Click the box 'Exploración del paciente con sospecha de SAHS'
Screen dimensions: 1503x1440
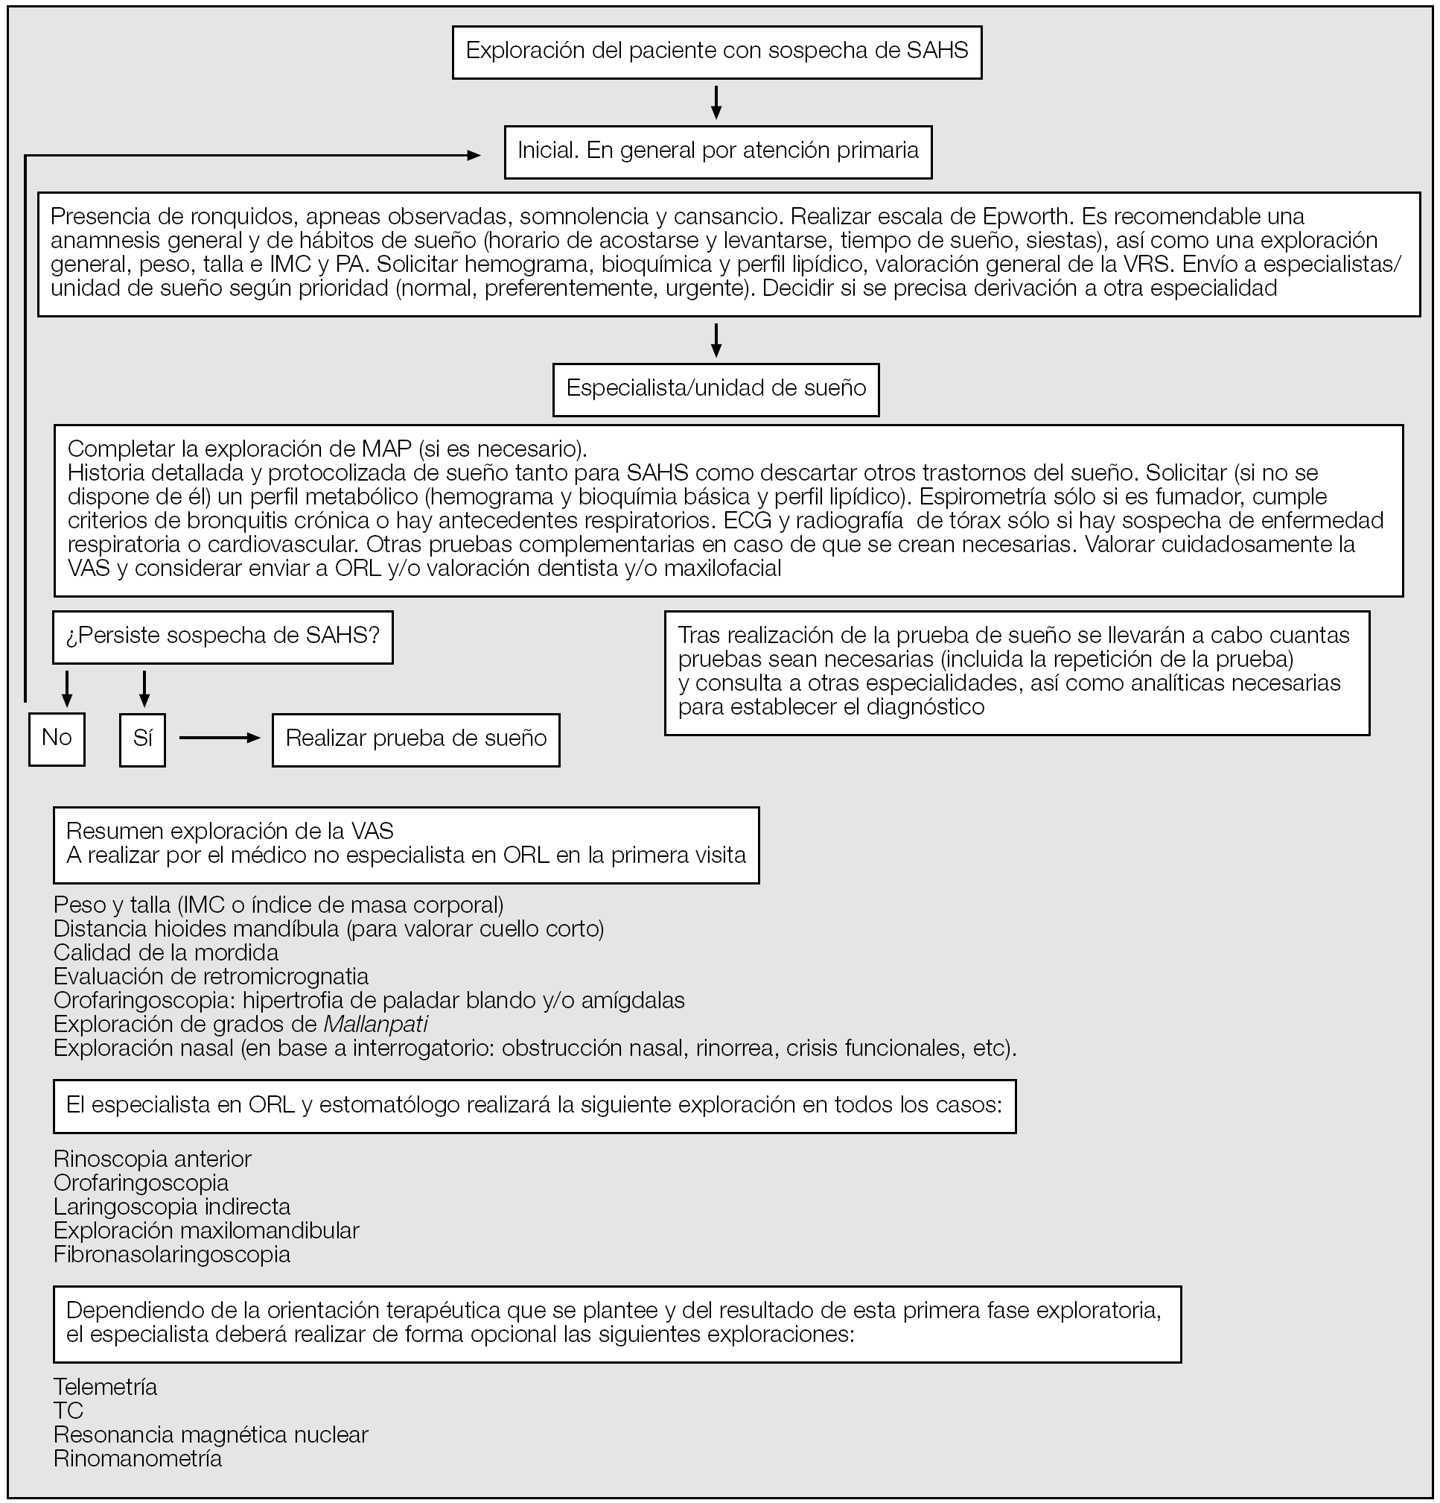pyautogui.click(x=716, y=52)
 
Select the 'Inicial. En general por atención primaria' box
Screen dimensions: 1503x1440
pyautogui.click(x=718, y=151)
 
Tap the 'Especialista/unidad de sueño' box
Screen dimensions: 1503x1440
pyautogui.click(x=716, y=389)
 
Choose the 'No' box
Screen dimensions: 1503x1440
pyautogui.click(x=57, y=738)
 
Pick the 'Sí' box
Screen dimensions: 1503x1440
pyautogui.click(x=142, y=738)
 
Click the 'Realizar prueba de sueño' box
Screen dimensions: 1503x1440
pyautogui.click(x=416, y=739)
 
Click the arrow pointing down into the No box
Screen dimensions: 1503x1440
pyautogui.click(x=67, y=689)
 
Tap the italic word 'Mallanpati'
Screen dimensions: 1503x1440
pyautogui.click(x=375, y=1025)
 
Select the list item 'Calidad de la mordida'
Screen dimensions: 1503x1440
pyautogui.click(x=166, y=953)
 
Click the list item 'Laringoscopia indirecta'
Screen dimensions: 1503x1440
pyautogui.click(x=173, y=1207)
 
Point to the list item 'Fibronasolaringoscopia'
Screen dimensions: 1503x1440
pyautogui.click(x=173, y=1255)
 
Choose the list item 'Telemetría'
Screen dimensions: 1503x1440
pyautogui.click(x=106, y=1387)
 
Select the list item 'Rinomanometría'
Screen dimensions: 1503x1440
pyautogui.click(x=138, y=1458)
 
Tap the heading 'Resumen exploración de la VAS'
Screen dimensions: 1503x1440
pyautogui.click(x=230, y=830)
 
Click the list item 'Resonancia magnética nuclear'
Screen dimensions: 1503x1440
pyautogui.click(x=211, y=1434)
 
